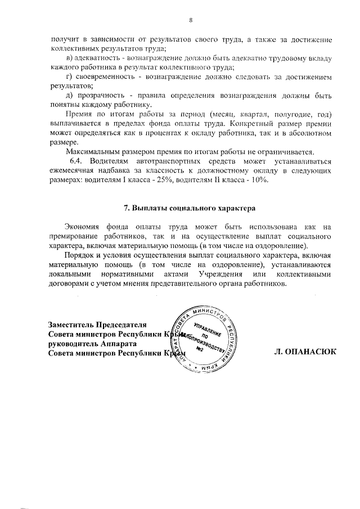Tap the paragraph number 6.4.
76,161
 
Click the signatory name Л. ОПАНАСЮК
305,351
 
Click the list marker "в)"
69,58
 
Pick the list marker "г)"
69,77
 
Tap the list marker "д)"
69,96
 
